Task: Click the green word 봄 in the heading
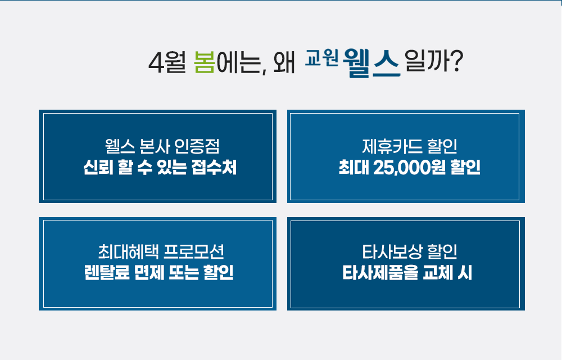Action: pyautogui.click(x=205, y=62)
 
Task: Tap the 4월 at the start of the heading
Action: pyautogui.click(x=167, y=62)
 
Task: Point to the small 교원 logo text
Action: pyautogui.click(x=321, y=58)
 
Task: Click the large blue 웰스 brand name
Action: pyautogui.click(x=371, y=63)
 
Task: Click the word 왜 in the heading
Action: pyautogui.click(x=284, y=63)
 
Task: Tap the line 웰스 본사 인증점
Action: pyautogui.click(x=162, y=146)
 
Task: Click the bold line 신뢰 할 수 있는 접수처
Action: pyautogui.click(x=160, y=167)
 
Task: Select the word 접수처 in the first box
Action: pyautogui.click(x=214, y=167)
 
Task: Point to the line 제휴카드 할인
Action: pyautogui.click(x=409, y=146)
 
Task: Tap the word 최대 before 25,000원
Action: pyautogui.click(x=353, y=168)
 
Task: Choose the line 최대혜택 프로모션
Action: pyautogui.click(x=161, y=251)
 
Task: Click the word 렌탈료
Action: pyautogui.click(x=106, y=272)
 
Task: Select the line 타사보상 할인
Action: pyautogui.click(x=409, y=251)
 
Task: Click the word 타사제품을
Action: pyautogui.click(x=380, y=272)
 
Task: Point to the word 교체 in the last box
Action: pyautogui.click(x=437, y=272)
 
